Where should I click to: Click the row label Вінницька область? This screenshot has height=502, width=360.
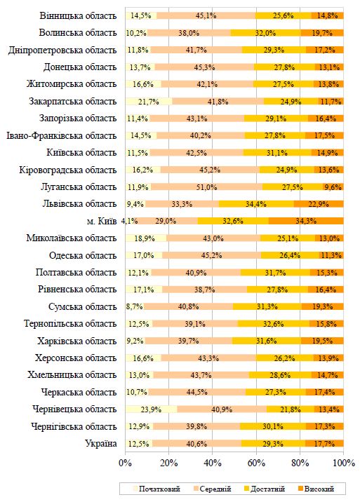point(78,15)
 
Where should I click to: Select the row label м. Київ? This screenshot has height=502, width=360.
point(102,221)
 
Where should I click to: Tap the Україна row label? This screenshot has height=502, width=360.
point(100,443)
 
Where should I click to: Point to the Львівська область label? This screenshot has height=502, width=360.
point(79,204)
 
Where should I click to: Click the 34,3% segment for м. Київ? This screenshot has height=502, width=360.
point(306,221)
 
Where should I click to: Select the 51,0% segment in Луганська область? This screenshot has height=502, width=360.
point(206,186)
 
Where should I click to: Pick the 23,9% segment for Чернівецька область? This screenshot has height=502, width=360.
point(152,409)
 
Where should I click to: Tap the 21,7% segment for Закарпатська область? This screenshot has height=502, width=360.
point(149,102)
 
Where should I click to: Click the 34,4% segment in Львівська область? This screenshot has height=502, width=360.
point(256,204)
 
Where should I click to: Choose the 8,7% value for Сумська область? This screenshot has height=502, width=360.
point(135,306)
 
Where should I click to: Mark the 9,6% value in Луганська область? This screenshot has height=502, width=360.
point(333,186)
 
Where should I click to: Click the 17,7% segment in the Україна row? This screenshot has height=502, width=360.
point(324,443)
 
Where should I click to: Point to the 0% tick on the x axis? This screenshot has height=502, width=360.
point(126,463)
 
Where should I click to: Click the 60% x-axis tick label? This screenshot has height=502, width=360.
point(256,463)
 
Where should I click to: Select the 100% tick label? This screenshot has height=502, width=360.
point(344,463)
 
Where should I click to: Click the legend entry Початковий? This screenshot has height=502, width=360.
point(156,489)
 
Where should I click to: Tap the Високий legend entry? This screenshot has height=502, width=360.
point(316,489)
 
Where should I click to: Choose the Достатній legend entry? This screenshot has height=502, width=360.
point(265,489)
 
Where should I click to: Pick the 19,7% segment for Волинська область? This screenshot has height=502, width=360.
point(322,33)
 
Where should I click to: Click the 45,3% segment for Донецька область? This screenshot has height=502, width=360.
point(204,67)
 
